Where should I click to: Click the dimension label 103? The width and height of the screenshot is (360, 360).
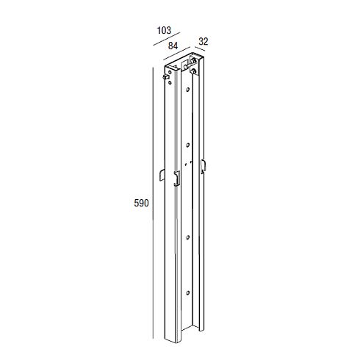[x=164, y=30]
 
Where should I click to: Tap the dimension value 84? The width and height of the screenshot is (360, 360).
[x=173, y=46]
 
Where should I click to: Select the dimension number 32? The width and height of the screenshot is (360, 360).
[x=204, y=42]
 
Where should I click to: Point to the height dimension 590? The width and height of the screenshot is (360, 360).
[x=141, y=203]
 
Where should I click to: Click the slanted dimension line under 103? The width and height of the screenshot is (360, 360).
[x=167, y=39]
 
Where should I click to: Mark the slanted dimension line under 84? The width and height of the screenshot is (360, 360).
[x=177, y=53]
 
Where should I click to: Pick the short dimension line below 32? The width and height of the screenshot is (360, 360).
[x=200, y=48]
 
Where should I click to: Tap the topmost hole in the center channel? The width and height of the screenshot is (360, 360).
[x=188, y=90]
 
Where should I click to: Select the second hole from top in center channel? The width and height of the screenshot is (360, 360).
[x=188, y=145]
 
